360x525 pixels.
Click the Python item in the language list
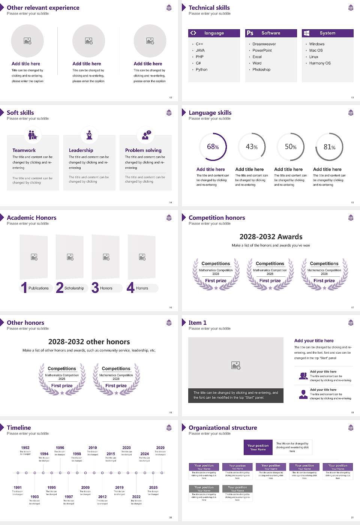pyautogui.click(x=201, y=70)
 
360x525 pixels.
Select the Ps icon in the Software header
pyautogui.click(x=250, y=33)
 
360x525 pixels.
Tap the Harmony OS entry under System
pyautogui.click(x=320, y=63)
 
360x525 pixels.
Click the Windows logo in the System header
pyautogui.click(x=306, y=33)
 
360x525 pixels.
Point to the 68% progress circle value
pyautogui.click(x=213, y=147)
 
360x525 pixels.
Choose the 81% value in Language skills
pyautogui.click(x=329, y=147)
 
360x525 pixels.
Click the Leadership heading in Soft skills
pyautogui.click(x=81, y=150)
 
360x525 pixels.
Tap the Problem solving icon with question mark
pyautogui.click(x=146, y=135)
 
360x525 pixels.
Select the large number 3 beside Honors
pyautogui.click(x=95, y=288)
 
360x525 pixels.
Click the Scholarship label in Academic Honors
pyautogui.click(x=74, y=288)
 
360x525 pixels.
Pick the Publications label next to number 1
pyautogui.click(x=39, y=288)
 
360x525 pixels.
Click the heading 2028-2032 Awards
pyautogui.click(x=271, y=237)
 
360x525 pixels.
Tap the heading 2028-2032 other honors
pyautogui.click(x=89, y=342)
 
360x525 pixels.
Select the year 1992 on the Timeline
pyautogui.click(x=25, y=448)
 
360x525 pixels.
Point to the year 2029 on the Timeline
pyautogui.click(x=160, y=448)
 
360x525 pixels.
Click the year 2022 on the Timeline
pyautogui.click(x=136, y=497)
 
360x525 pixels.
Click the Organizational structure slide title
pyautogui.click(x=223, y=427)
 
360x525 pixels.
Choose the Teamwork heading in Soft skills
pyautogui.click(x=24, y=150)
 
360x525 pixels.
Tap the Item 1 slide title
pyautogui.click(x=197, y=322)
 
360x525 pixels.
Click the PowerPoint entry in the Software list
pyautogui.click(x=262, y=50)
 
